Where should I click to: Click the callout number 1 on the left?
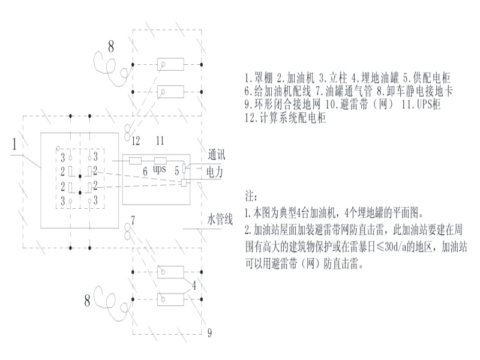coord(13,145)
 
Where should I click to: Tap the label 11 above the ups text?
coord(160,141)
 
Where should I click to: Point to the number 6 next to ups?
coord(144,172)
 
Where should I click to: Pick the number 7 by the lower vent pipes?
coord(133,221)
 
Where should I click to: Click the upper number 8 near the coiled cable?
coord(110,45)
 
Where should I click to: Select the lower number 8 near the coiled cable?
coord(88,301)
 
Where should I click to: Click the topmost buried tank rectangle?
coord(170,64)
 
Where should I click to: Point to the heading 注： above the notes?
coord(251,196)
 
